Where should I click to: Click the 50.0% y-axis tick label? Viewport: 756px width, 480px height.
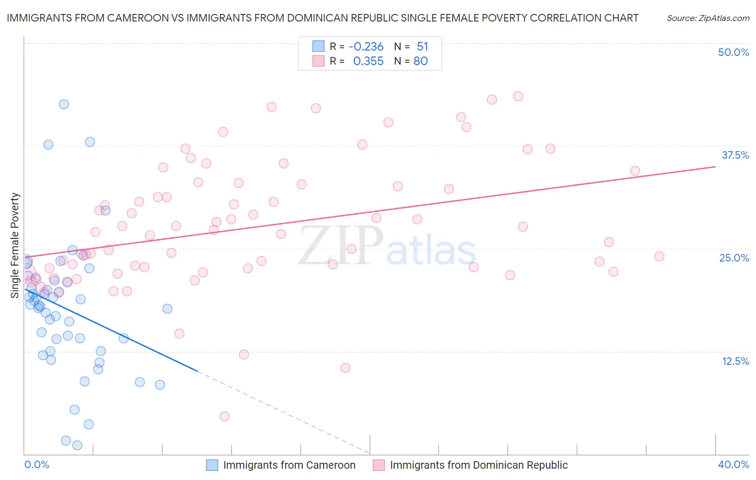tap(733, 52)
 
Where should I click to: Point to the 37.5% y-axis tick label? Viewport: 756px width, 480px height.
tap(735, 155)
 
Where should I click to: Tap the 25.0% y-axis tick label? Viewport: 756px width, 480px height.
tap(734, 258)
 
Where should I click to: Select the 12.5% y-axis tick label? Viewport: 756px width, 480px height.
tap(735, 361)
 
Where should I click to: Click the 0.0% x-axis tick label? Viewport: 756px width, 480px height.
tap(37, 464)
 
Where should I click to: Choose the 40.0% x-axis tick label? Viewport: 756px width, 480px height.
tap(733, 464)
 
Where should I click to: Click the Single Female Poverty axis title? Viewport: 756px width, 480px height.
tap(15, 245)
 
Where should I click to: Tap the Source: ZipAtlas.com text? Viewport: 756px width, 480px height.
tap(708, 18)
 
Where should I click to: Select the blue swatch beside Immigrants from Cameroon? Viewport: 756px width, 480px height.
tap(212, 465)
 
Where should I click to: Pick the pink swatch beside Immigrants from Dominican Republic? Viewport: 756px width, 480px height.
tap(379, 465)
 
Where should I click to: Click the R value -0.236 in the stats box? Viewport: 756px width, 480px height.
tap(366, 47)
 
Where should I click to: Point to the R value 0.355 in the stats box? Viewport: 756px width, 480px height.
tap(368, 61)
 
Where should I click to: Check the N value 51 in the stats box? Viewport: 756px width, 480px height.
tap(422, 47)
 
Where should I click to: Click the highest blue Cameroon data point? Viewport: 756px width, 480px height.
tap(63, 104)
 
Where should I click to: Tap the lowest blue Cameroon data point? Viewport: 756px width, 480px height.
tap(77, 445)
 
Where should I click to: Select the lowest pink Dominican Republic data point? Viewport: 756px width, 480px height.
tap(224, 417)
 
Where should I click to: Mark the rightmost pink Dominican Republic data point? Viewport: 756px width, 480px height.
tap(659, 256)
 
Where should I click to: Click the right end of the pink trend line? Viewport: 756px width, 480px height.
tap(715, 167)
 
